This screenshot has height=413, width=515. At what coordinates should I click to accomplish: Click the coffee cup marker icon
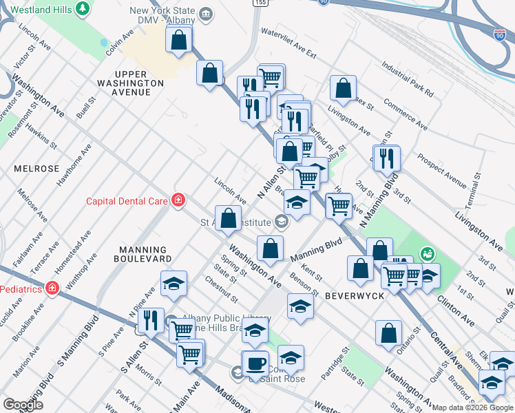[x=257, y=364]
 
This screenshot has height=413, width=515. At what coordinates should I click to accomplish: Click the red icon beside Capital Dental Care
[x=178, y=200]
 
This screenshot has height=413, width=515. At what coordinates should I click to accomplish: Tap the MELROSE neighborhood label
[x=36, y=169]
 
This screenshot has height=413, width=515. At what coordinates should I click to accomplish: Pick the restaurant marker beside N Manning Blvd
[x=386, y=159]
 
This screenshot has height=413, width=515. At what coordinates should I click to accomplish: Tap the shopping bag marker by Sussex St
[x=343, y=89]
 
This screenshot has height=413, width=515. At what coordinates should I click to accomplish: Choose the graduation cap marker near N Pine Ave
[x=174, y=284]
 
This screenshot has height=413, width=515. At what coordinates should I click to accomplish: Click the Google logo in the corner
[x=23, y=405]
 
